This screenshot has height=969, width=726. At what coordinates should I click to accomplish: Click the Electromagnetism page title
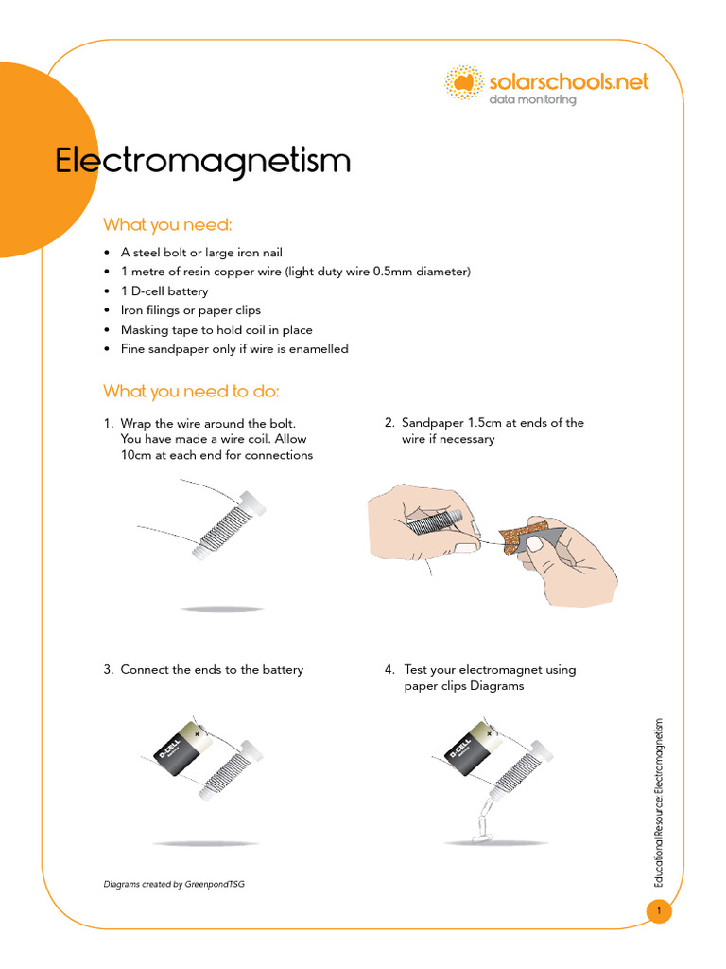click(202, 161)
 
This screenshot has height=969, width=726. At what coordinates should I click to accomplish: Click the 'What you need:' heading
click(167, 224)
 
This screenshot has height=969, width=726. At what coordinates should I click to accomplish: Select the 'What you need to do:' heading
click(191, 391)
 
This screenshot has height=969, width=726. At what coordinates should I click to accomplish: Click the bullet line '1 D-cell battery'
click(164, 291)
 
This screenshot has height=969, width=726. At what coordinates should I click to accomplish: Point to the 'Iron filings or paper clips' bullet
click(190, 310)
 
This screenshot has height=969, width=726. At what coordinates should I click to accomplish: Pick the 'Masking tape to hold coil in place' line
click(216, 329)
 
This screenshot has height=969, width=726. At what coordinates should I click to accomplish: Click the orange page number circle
click(658, 911)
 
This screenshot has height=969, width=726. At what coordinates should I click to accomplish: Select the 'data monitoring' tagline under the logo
click(531, 100)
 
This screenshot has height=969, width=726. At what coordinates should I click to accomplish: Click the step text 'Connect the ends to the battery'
click(212, 670)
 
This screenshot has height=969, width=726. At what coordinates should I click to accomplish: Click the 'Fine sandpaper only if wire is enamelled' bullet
click(233, 349)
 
